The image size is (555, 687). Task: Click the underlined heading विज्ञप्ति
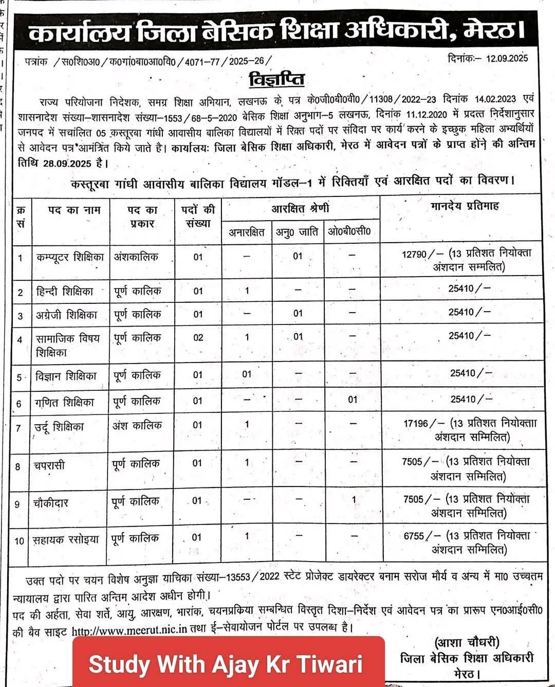coord(276,80)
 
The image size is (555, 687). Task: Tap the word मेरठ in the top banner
coord(492,31)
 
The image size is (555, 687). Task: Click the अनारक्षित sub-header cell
coord(247,232)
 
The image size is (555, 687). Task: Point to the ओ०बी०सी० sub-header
coord(349,231)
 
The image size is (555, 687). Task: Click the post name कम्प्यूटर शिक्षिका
coord(70,257)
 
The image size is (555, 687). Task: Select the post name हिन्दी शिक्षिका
coord(65,292)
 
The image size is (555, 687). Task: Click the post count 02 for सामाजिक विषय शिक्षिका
coord(198,338)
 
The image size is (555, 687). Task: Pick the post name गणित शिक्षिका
coord(65,403)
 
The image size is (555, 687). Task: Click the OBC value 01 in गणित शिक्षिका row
coord(353,400)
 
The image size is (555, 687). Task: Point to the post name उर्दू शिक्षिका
coord(59,427)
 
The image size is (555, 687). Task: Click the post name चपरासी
coord(49,466)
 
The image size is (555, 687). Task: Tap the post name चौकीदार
coord(51,503)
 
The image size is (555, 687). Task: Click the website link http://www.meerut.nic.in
coord(129,631)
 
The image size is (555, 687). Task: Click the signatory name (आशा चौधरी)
coord(467,643)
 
